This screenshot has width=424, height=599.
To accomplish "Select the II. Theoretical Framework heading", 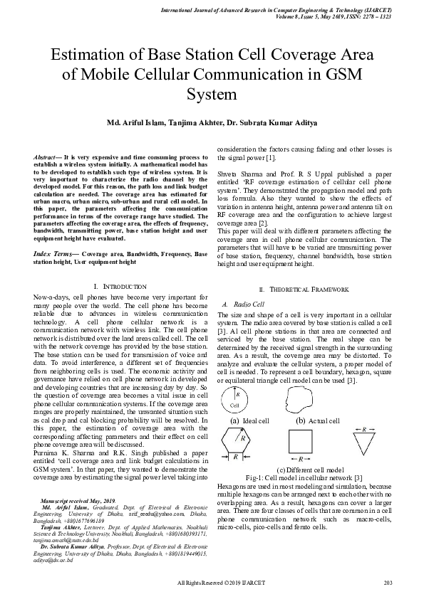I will coord(304,290).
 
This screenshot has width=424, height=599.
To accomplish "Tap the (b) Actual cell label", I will coord(317,420).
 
